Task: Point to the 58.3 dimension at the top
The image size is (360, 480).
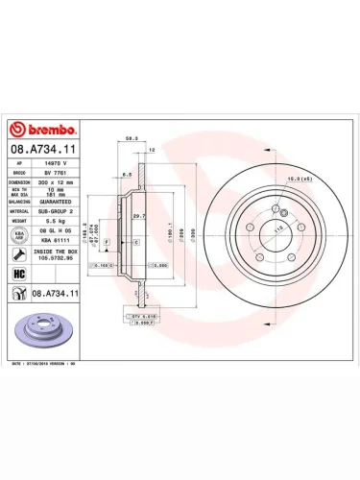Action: coord(130,138)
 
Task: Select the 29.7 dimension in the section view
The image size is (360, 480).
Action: coord(139,217)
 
